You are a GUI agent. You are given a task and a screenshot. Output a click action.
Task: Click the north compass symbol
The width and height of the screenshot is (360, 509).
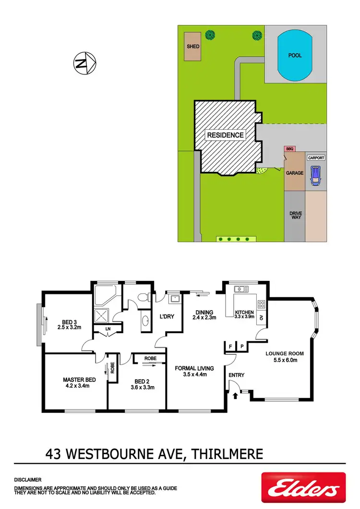tap(85, 62)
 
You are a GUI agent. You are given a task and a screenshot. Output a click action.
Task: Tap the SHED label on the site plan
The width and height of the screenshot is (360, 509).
tap(193, 47)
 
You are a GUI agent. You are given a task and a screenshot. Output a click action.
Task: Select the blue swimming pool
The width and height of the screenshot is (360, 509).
tap(295, 56)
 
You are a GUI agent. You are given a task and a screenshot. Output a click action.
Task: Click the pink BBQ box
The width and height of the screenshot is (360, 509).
tap(289, 149)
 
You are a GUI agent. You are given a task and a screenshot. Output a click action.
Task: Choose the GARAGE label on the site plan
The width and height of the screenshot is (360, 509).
tap(295, 173)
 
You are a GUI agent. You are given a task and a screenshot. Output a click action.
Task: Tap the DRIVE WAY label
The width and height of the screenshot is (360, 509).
tap(295, 216)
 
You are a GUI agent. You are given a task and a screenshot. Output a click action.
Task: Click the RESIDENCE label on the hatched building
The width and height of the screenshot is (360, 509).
tap(225, 135)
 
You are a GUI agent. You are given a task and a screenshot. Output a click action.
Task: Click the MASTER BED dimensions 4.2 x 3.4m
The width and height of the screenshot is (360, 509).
tap(80, 386)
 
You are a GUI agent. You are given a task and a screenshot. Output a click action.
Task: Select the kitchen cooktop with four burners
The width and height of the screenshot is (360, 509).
tap(262, 304)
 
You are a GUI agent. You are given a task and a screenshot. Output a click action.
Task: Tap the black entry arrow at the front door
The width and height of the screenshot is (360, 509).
tap(235, 396)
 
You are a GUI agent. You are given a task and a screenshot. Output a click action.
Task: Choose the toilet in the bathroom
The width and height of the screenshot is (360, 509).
tap(142, 298)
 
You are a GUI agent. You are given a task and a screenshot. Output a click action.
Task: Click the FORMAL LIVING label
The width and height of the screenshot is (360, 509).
tap(194, 368)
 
